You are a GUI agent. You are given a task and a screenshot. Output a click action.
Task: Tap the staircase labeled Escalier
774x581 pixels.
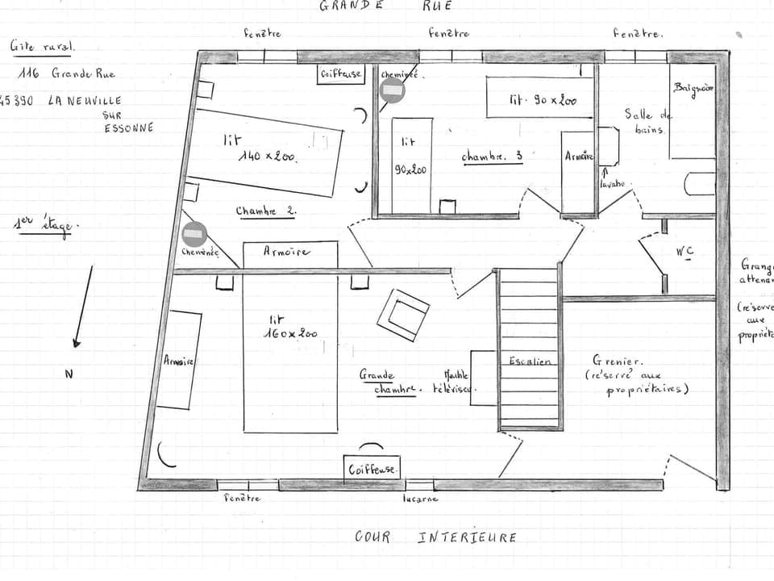[530, 349]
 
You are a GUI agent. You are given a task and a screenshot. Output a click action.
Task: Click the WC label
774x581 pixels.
[685, 251]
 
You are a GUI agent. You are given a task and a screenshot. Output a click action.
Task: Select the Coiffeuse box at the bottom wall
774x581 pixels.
[372, 468]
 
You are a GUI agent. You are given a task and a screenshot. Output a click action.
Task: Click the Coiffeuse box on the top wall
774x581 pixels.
[341, 74]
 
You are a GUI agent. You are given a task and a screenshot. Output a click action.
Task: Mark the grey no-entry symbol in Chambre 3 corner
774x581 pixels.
[393, 91]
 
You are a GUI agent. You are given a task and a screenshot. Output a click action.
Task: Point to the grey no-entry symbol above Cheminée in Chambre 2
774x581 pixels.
[193, 234]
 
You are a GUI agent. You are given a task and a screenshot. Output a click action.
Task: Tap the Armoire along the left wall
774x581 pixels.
[179, 360]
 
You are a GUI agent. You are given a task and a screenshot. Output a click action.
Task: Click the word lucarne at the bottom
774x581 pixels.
[420, 499]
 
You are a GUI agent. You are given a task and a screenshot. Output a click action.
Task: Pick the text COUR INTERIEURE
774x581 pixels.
[435, 537]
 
